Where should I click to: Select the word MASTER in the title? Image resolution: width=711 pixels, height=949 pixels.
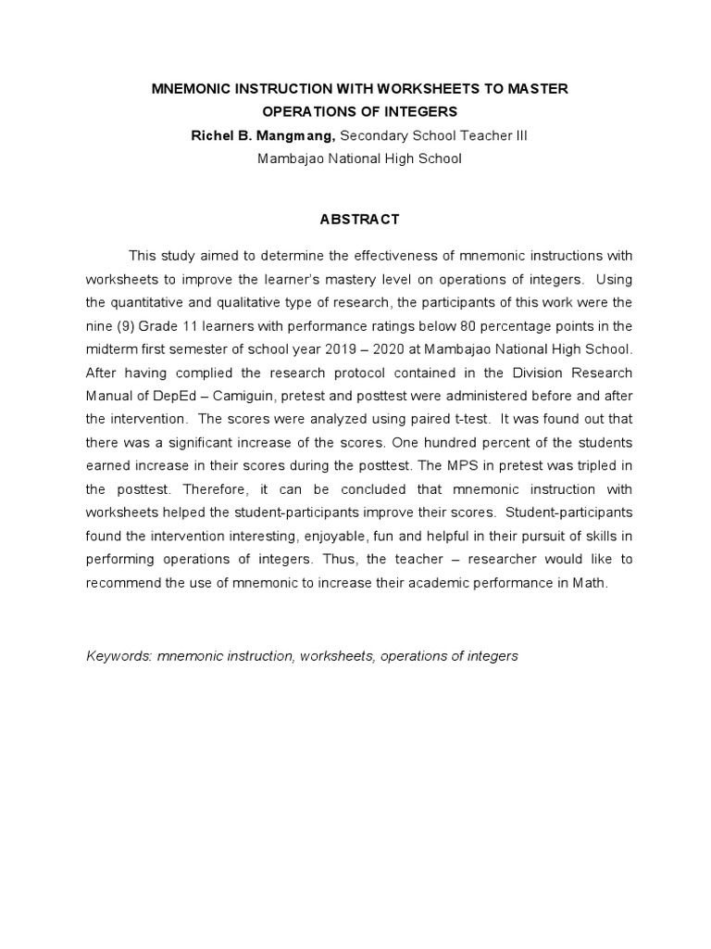click(537, 88)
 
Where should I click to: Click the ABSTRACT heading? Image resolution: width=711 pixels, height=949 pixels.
click(359, 220)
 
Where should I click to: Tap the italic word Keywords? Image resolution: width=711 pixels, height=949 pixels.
click(118, 656)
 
